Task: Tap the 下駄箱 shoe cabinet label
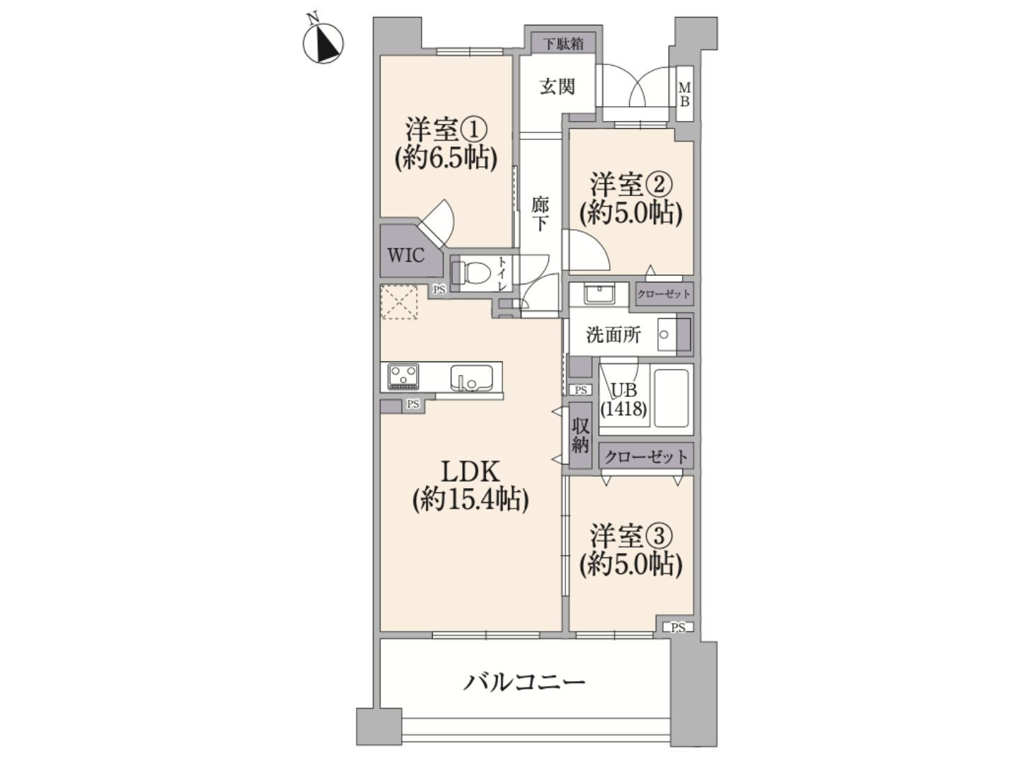coord(563,44)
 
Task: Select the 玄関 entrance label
coord(558,86)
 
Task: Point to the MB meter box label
coord(684,94)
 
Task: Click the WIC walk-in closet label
coord(406,255)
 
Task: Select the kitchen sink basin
coord(471,376)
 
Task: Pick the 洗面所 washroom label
coord(613,335)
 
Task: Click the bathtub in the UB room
coord(671,398)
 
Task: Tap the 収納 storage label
coord(580,435)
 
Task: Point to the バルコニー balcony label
coord(524,683)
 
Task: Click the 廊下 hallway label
coord(541,214)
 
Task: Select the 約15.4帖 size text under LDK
coord(471,499)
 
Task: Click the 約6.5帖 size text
coord(446,158)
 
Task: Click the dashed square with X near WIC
coord(399,302)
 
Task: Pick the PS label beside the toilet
coord(439,290)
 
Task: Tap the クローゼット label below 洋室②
coord(664,294)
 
